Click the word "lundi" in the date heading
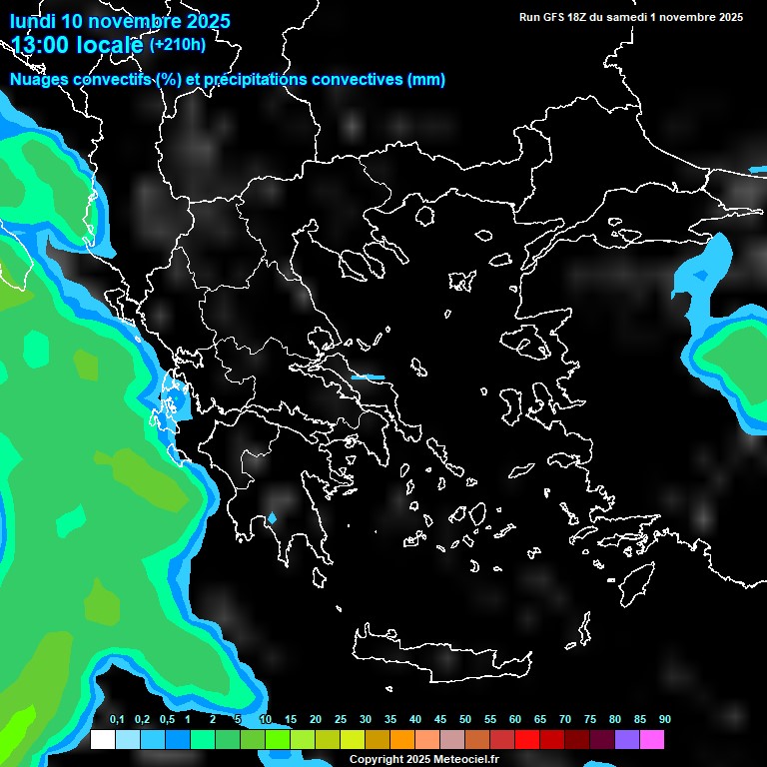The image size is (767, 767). tap(33, 21)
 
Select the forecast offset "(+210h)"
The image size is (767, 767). tap(177, 44)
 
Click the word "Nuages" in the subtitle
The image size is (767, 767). tap(40, 80)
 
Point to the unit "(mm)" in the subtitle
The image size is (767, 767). tap(426, 80)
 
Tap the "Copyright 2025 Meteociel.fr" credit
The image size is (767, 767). tap(423, 760)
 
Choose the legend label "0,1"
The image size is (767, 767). tap(117, 720)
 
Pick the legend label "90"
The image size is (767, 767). tap(665, 720)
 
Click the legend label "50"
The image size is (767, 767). tap(465, 720)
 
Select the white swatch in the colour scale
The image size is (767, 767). tap(102, 739)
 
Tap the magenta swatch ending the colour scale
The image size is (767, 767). tap(651, 739)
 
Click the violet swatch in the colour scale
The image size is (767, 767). tap(626, 739)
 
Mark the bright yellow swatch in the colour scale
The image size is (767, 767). tap(352, 739)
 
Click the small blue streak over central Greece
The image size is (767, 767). tap(368, 378)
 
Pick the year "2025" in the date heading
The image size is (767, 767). tap(208, 21)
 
